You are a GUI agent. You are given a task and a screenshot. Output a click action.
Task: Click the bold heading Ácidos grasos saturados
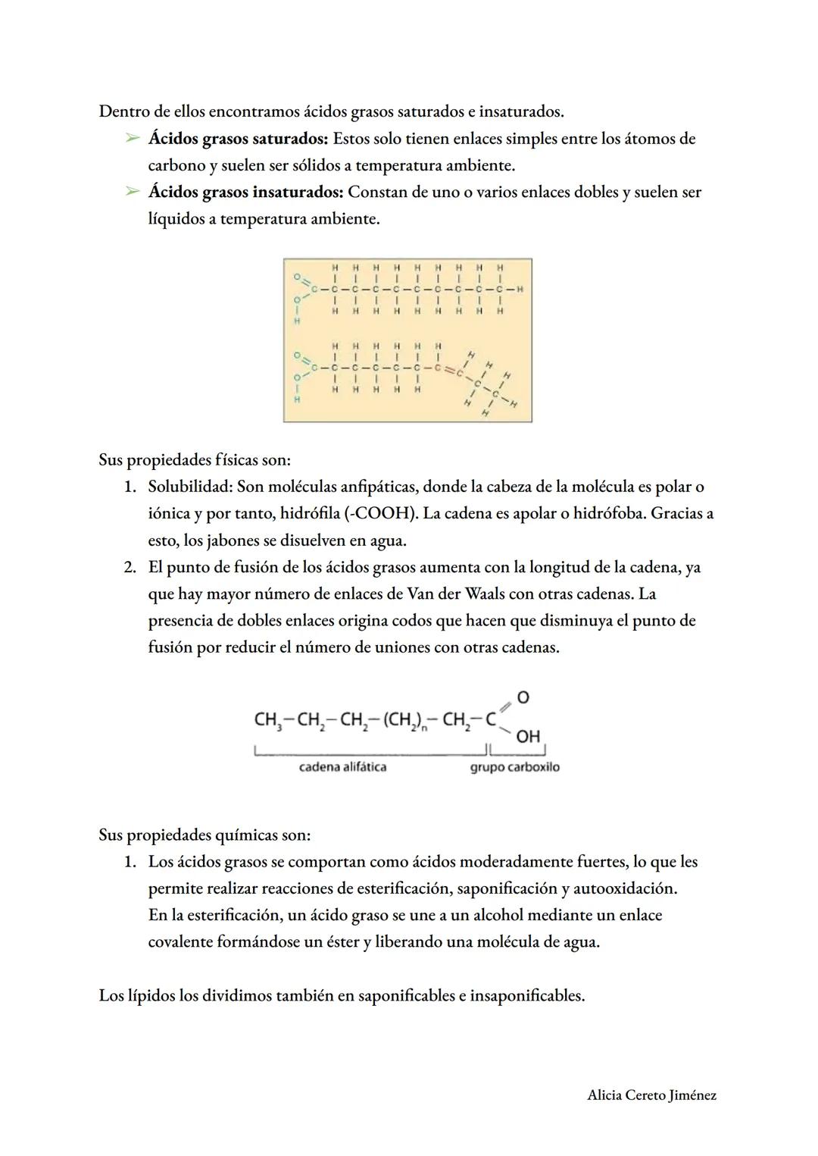[239, 139]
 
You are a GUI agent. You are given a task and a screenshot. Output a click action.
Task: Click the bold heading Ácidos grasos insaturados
[245, 192]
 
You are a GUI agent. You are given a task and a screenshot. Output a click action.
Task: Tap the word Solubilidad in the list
[189, 487]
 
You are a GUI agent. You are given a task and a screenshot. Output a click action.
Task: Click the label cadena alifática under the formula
[342, 767]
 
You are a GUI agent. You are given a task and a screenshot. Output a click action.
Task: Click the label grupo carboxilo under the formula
[514, 767]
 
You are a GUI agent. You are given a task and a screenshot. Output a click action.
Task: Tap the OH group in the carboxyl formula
[528, 736]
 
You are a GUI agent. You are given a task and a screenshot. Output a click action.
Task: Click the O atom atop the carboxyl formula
[523, 697]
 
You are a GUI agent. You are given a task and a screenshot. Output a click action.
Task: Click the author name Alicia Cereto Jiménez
[651, 1095]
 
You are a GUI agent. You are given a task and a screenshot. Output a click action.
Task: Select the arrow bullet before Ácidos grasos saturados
[133, 139]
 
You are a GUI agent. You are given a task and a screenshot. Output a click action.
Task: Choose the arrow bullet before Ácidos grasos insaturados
[133, 193]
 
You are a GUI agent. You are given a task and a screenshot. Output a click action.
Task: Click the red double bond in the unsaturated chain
[448, 369]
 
